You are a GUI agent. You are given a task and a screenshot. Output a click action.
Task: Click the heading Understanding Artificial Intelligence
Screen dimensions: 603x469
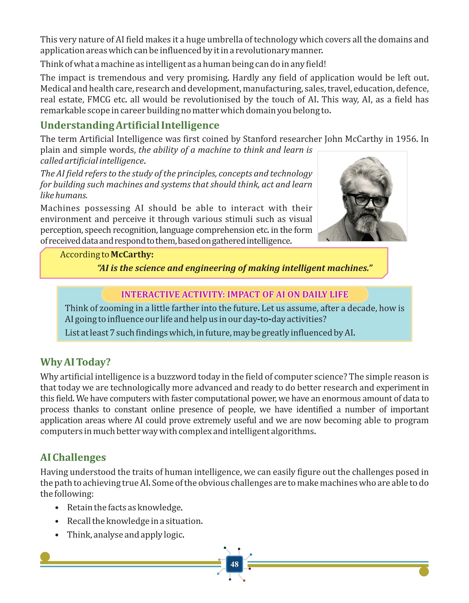pyautogui.click(x=130, y=125)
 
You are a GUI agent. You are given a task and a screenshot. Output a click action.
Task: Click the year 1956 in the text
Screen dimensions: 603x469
pyautogui.click(x=406, y=139)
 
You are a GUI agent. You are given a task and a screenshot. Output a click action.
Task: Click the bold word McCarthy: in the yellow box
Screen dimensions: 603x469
pyautogui.click(x=132, y=255)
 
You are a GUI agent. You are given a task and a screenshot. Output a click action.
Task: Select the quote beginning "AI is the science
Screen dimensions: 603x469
pyautogui.click(x=235, y=268)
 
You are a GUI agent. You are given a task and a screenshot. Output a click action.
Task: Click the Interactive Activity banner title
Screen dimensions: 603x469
pyautogui.click(x=234, y=294)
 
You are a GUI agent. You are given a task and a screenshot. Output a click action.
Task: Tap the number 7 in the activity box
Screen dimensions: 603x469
pyautogui.click(x=112, y=333)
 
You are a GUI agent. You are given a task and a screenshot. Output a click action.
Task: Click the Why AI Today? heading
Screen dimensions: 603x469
pyautogui.click(x=75, y=362)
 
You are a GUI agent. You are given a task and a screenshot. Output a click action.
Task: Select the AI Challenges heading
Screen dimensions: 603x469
pyautogui.click(x=73, y=458)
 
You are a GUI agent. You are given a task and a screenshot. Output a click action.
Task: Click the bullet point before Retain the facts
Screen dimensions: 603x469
pyautogui.click(x=57, y=508)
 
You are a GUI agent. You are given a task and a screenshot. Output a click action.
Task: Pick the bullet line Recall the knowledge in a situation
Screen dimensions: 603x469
pyautogui.click(x=135, y=521)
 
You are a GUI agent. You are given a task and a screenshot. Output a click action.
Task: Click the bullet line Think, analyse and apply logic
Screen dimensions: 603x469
pyautogui.click(x=126, y=535)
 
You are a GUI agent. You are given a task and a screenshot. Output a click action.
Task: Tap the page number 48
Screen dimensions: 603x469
pyautogui.click(x=234, y=564)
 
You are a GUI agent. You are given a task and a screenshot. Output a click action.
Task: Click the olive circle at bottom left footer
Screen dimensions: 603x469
pyautogui.click(x=45, y=557)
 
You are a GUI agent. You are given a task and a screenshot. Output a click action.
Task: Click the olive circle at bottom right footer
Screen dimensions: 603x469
pyautogui.click(x=424, y=572)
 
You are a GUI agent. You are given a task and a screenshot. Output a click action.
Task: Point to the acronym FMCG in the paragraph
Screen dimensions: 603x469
pyautogui.click(x=99, y=100)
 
